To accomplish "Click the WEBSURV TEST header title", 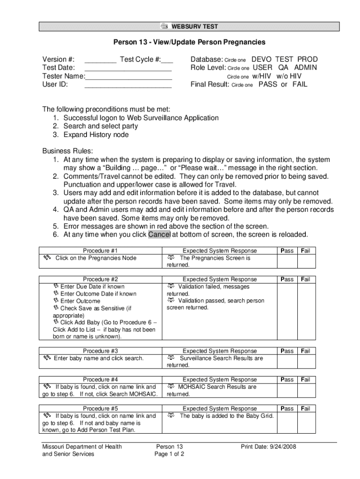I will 195,27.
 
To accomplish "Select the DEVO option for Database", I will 261,59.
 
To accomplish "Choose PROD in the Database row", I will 308,59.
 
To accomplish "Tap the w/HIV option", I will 262,76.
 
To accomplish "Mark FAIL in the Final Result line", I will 300,85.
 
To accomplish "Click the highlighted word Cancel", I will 159,234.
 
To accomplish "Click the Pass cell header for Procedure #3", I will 287,351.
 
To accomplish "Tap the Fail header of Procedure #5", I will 306,408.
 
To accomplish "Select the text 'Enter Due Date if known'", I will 92,286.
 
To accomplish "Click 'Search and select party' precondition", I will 101,126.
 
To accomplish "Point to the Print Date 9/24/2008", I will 268,447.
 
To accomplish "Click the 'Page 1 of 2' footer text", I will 169,454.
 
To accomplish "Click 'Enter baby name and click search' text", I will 99,358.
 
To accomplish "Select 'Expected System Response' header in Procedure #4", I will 220,380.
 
